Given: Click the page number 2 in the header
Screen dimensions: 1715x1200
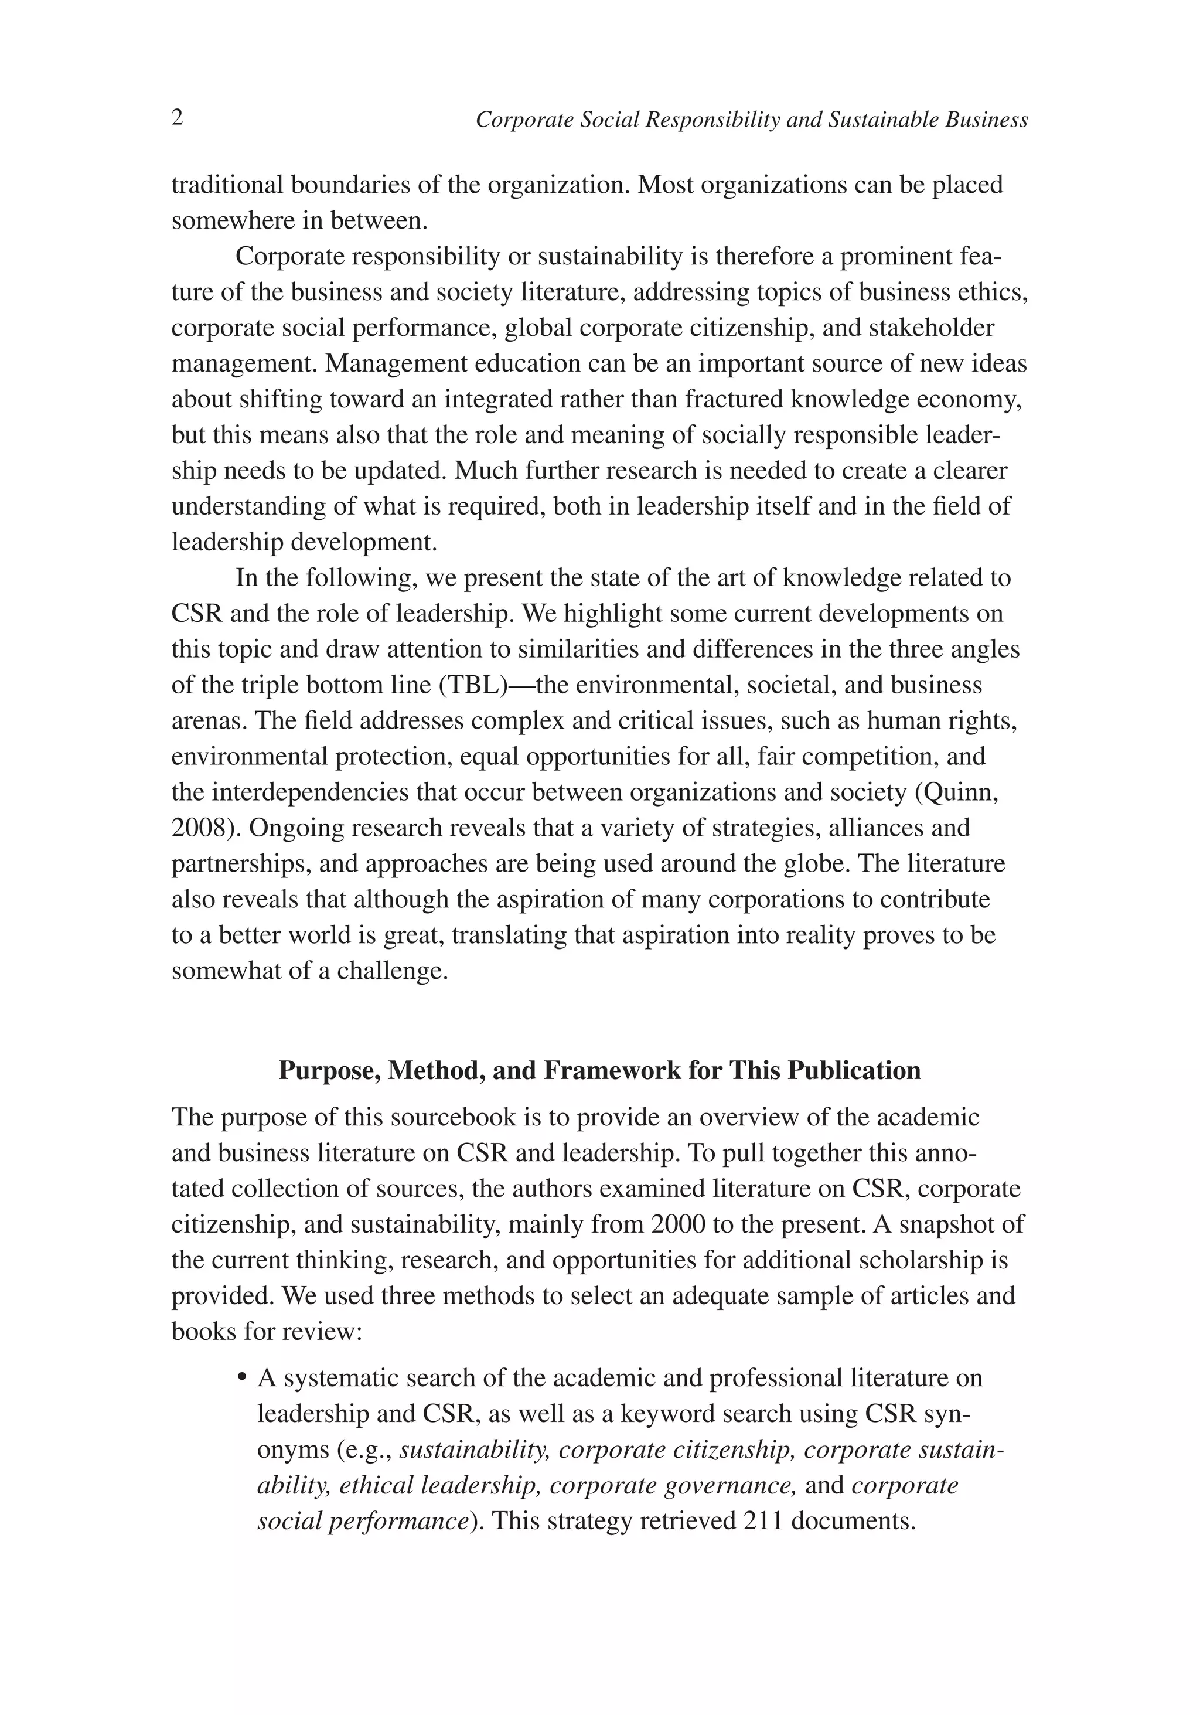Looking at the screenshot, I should coord(178,118).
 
